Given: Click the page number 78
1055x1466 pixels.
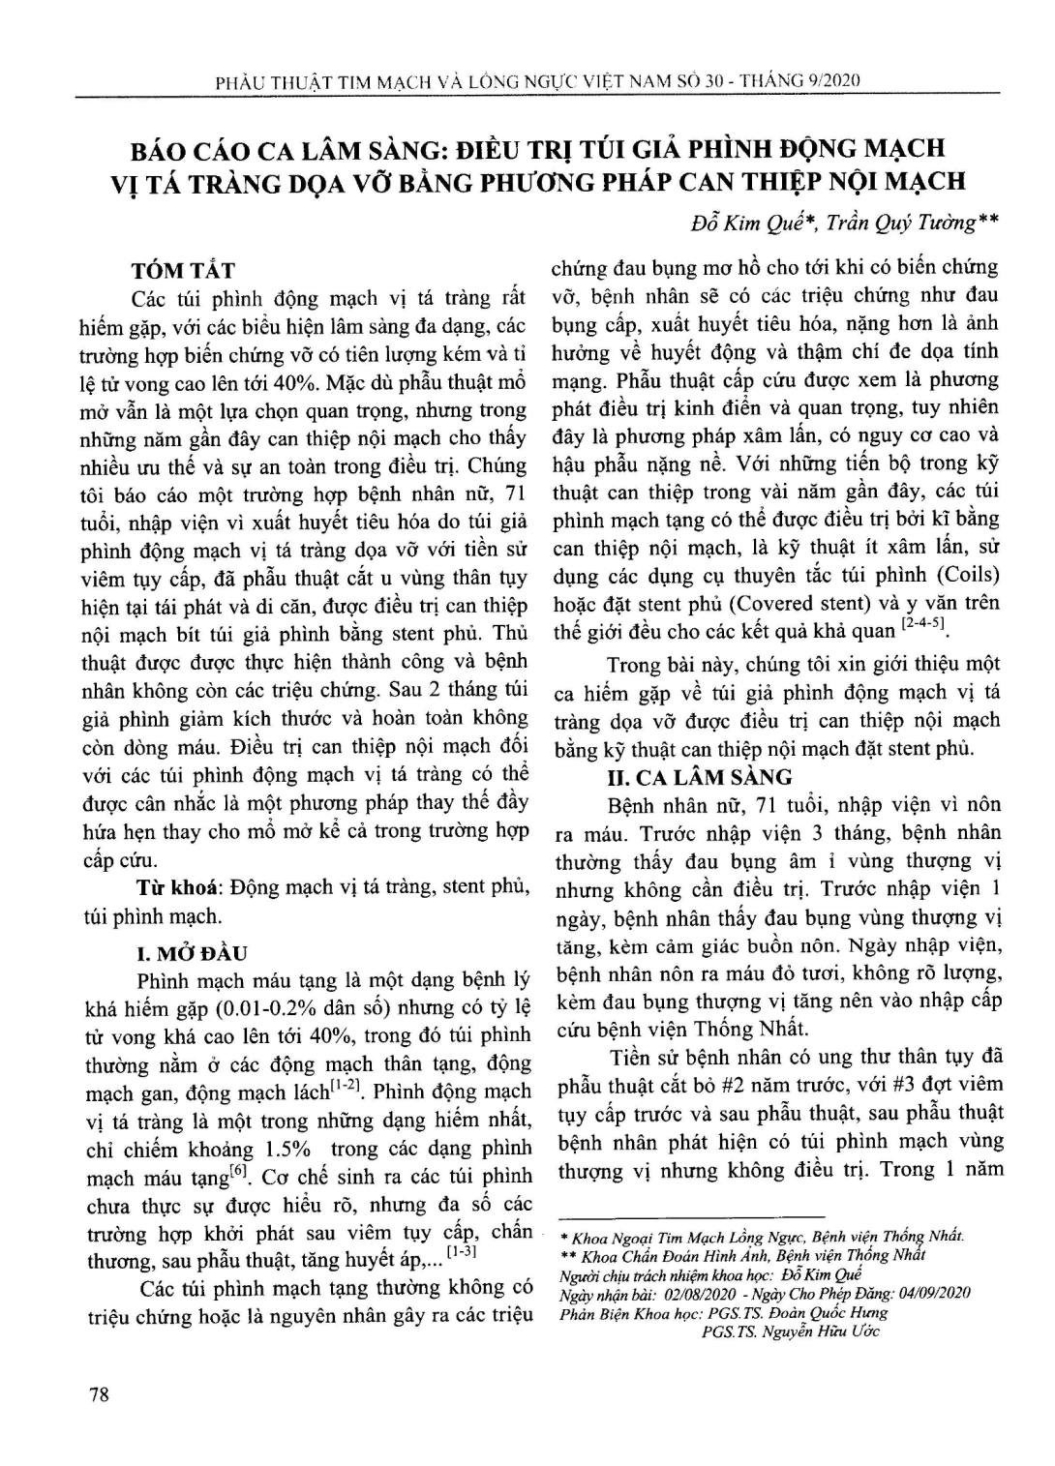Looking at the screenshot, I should [x=99, y=1393].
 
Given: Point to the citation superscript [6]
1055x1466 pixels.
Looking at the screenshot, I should [x=236, y=1173].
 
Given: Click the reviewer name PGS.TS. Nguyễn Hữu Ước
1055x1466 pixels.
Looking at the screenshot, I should [x=790, y=1331].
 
